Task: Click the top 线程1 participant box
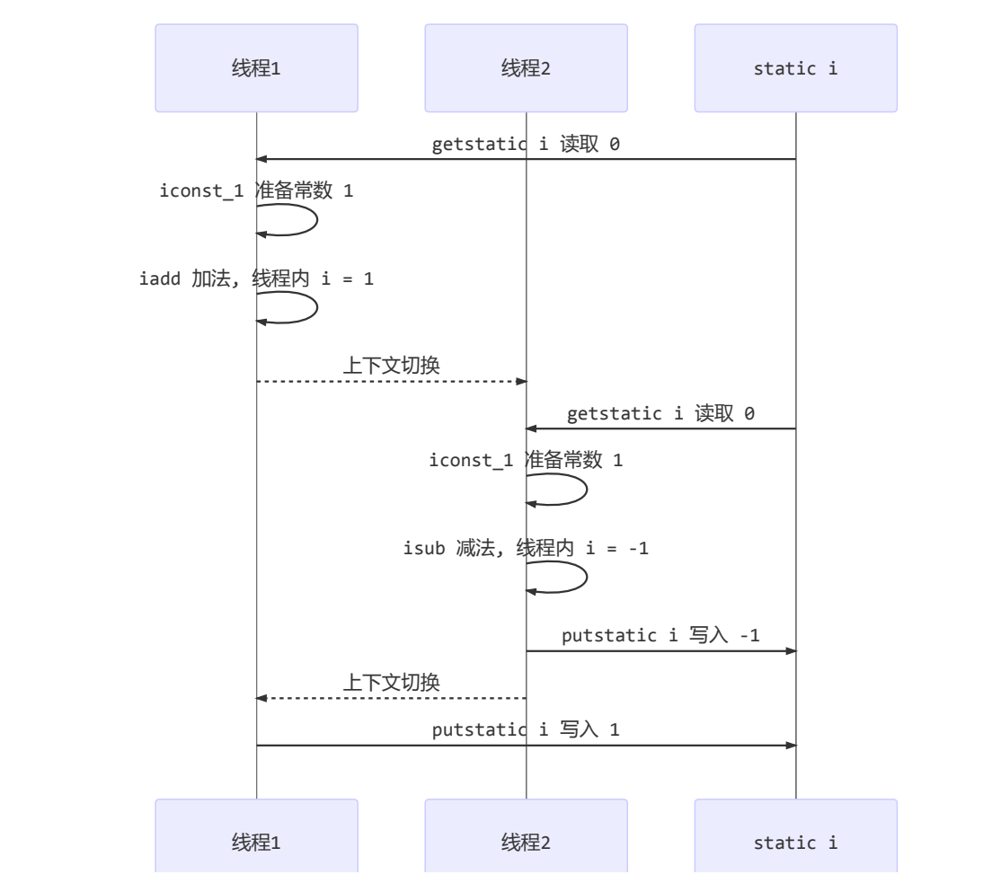tap(256, 68)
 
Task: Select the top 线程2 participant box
tap(526, 68)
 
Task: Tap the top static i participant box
tap(795, 68)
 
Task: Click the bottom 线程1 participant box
tap(256, 843)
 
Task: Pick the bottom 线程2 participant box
tap(526, 843)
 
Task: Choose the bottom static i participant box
tap(795, 843)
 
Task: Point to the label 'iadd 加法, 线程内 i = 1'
tap(256, 278)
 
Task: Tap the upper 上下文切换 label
tap(391, 365)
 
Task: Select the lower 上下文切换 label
tap(391, 683)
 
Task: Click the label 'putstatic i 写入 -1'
tap(660, 636)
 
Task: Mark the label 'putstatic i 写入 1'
tap(526, 729)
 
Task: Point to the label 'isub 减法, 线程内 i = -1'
tap(526, 548)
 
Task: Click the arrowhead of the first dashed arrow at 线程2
tap(520, 382)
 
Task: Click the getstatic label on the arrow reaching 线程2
tap(660, 413)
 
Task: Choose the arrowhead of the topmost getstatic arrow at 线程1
tap(261, 159)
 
